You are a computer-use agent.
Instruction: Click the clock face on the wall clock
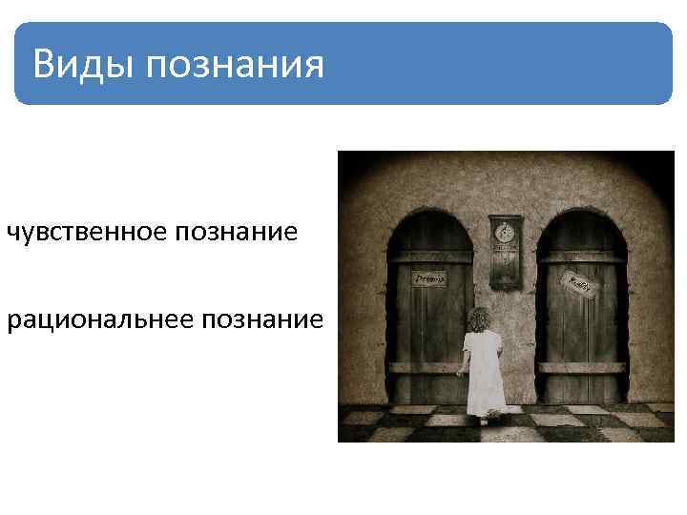tap(505, 232)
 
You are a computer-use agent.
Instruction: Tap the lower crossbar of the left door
tap(420, 366)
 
